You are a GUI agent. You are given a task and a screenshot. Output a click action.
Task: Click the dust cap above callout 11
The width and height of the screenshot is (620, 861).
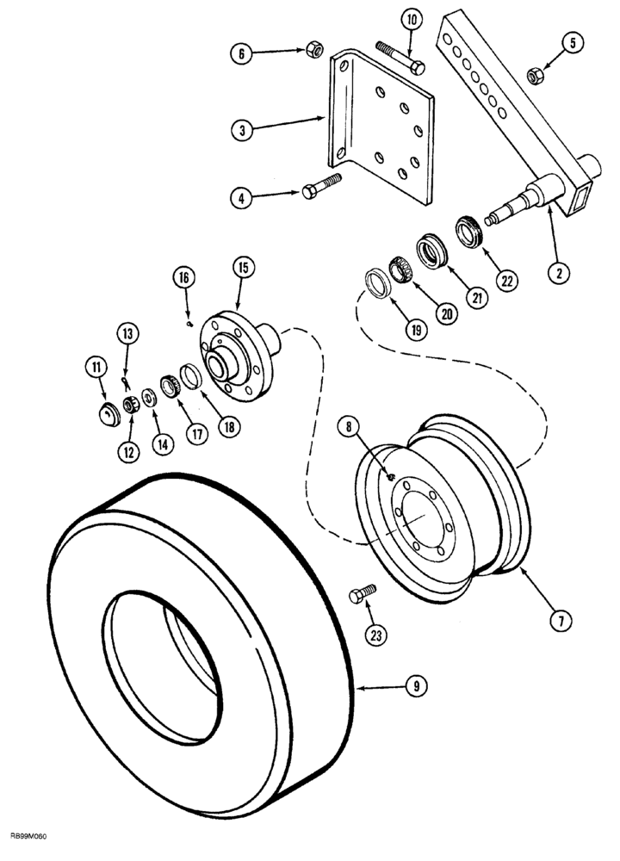(x=109, y=413)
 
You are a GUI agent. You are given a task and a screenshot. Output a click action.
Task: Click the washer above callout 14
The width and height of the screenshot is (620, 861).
(x=150, y=397)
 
